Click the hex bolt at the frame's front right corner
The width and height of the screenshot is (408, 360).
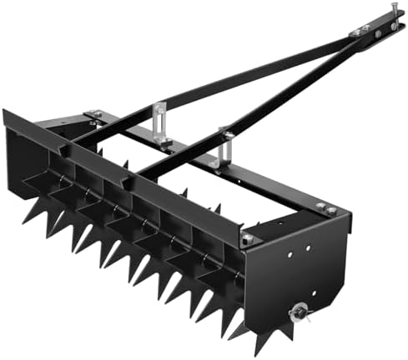248,240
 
